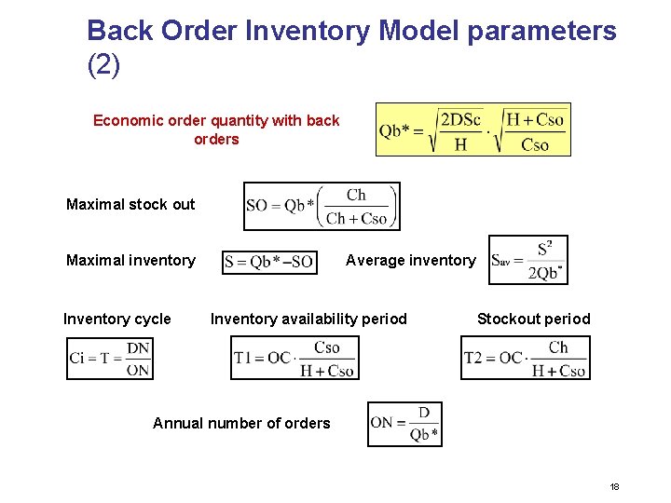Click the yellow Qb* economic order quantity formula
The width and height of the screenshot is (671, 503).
[473, 129]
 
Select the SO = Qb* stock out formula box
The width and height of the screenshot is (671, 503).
[322, 206]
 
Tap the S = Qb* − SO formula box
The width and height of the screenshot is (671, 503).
[269, 262]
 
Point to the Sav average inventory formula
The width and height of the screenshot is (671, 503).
[527, 260]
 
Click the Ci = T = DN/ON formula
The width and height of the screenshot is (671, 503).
[110, 359]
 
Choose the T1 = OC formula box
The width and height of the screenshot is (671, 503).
[294, 359]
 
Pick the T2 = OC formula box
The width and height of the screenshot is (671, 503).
[526, 359]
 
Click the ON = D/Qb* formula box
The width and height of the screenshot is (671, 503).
[404, 424]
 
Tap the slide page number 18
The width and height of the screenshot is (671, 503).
[614, 487]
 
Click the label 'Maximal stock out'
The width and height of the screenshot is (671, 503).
[130, 205]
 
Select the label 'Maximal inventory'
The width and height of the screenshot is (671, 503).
[130, 261]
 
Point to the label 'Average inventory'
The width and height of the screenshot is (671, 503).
[410, 261]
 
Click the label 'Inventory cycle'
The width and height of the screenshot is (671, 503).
[117, 319]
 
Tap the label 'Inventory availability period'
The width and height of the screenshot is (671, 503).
[308, 319]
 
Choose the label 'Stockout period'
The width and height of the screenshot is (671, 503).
[533, 319]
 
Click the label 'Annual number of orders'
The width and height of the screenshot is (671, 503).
[241, 424]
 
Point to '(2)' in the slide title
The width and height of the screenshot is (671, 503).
[103, 66]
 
